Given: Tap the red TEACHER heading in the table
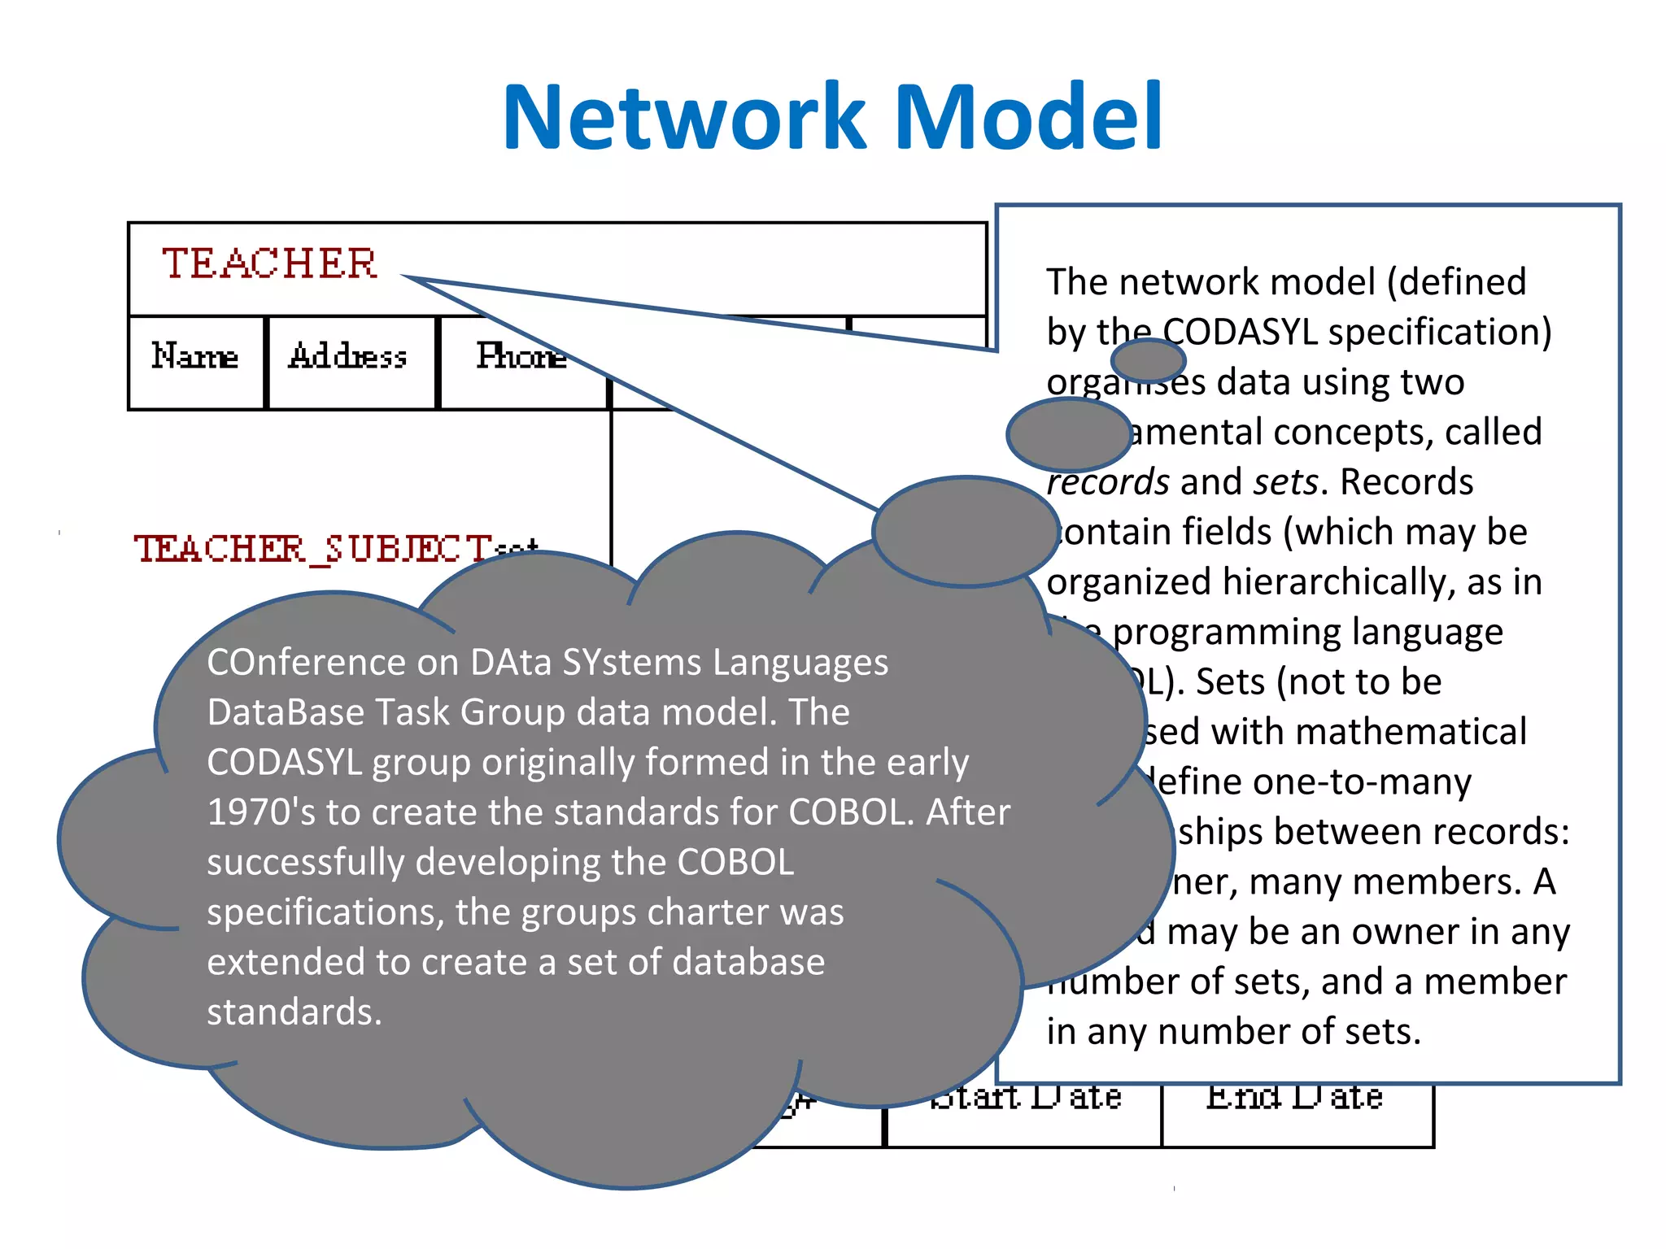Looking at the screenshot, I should click(x=269, y=263).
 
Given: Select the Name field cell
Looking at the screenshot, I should click(x=195, y=358).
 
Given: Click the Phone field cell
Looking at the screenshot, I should click(x=521, y=358).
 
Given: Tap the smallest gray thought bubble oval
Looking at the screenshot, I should click(x=1148, y=360).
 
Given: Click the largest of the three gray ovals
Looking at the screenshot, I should click(x=965, y=532).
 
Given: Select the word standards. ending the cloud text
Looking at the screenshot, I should click(x=294, y=1012).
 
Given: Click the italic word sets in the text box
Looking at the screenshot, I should click(x=1285, y=482).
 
